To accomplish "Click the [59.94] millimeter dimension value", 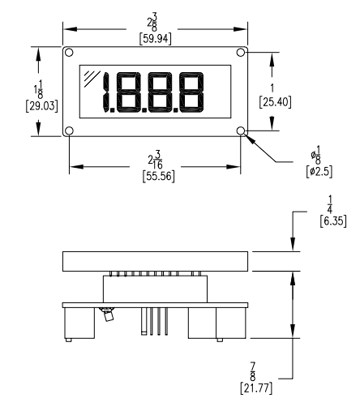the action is (x=155, y=39).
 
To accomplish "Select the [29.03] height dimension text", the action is (x=41, y=106).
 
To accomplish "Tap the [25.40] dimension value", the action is (x=275, y=102).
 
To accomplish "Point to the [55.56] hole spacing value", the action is (x=159, y=177).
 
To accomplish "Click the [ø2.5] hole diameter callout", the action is (x=319, y=172).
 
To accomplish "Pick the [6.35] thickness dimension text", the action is (x=333, y=221).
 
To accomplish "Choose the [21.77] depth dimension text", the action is (x=256, y=388).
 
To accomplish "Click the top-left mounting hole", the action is (x=69, y=53).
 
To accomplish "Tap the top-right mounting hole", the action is (x=241, y=53).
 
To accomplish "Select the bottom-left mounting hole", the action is (x=69, y=131).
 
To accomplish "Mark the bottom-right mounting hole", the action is (x=241, y=131).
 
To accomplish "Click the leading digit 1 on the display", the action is (x=105, y=92).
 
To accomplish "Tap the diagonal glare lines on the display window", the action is (x=92, y=79).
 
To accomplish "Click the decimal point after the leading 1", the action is (x=113, y=110).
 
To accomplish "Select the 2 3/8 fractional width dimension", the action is (x=152, y=23).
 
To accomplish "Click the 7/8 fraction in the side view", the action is (x=253, y=371).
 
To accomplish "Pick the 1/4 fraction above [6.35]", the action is (x=330, y=204).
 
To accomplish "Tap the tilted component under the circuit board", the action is (x=108, y=314).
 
